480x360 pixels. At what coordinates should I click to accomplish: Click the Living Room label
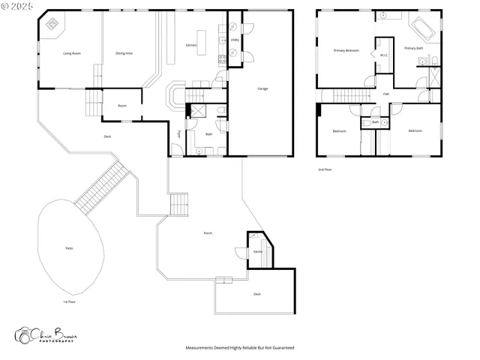(72, 53)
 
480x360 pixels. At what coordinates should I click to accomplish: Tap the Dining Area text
(124, 53)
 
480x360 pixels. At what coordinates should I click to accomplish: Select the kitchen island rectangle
(200, 38)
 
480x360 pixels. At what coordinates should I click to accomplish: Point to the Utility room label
(235, 40)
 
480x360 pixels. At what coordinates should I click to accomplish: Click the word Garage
(262, 88)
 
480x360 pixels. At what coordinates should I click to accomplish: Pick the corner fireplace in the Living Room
(52, 23)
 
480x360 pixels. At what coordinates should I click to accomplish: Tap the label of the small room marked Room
(122, 106)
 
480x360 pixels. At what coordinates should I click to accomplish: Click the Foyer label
(178, 134)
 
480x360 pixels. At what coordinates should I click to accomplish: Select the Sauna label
(257, 252)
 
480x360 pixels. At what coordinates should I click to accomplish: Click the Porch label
(208, 233)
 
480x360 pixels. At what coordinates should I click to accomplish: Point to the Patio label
(69, 247)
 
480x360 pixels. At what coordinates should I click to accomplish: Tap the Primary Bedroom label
(346, 50)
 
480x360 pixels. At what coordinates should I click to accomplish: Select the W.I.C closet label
(383, 55)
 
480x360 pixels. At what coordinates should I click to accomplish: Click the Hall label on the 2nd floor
(385, 94)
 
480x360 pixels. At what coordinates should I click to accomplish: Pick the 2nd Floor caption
(325, 169)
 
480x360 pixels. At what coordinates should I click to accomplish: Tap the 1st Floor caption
(70, 301)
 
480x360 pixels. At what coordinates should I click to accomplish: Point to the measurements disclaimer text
(240, 348)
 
